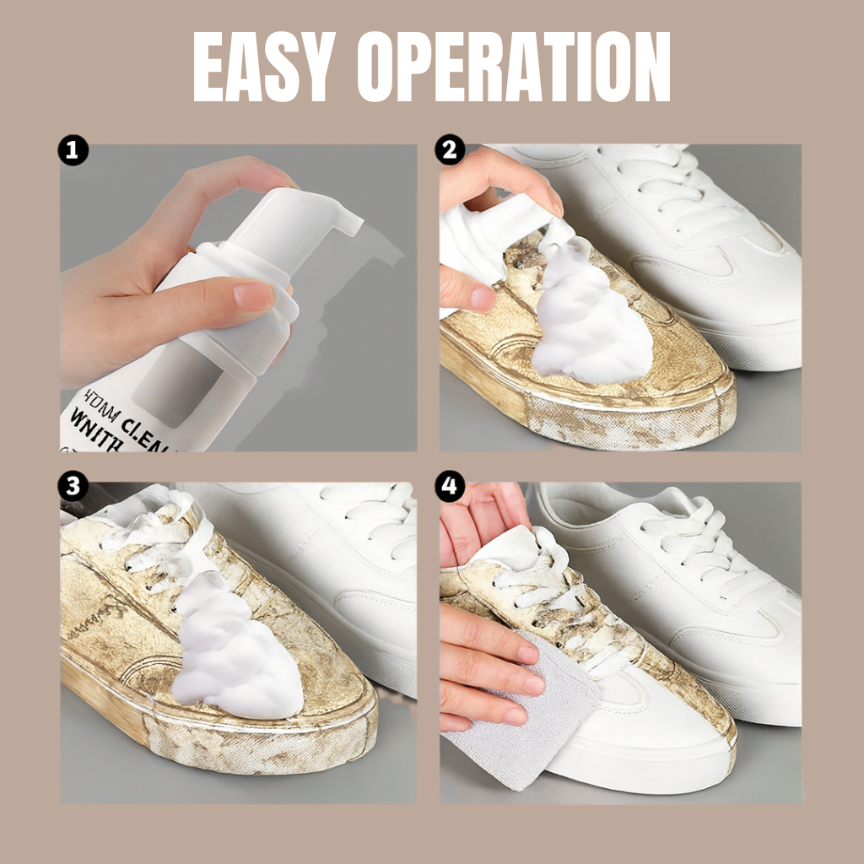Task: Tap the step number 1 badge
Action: click(74, 151)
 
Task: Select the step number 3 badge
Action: click(74, 486)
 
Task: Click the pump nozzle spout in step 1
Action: click(341, 220)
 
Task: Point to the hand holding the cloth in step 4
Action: click(481, 667)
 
